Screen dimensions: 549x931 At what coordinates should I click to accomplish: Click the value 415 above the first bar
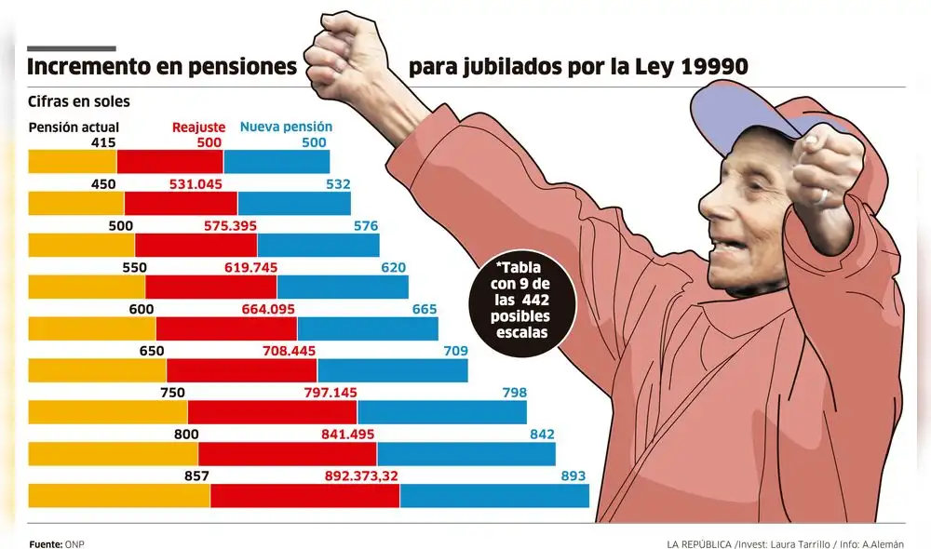tap(102, 142)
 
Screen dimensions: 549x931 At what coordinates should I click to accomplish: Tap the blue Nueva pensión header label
tap(286, 127)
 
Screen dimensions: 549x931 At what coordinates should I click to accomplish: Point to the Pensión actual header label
tap(74, 127)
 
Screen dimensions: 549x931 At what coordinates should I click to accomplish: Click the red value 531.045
tap(196, 184)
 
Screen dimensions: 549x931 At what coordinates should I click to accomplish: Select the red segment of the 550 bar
tap(211, 287)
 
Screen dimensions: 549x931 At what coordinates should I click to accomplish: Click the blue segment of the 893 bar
tap(494, 495)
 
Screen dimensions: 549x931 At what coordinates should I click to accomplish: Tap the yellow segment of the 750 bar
tap(108, 411)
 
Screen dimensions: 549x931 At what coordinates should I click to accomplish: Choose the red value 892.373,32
tap(361, 475)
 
